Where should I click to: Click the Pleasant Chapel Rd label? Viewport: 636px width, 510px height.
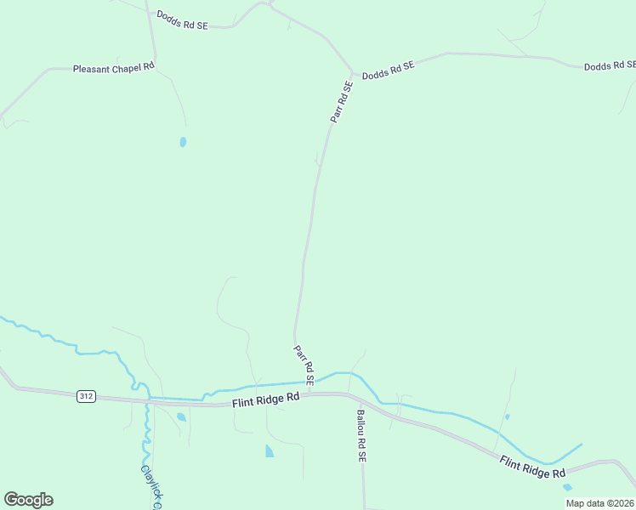coord(113,68)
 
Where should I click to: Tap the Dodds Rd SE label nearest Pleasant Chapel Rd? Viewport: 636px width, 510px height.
coord(182,21)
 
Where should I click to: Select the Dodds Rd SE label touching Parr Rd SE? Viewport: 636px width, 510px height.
coord(388,71)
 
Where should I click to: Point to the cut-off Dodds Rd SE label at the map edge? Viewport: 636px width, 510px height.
coord(610,65)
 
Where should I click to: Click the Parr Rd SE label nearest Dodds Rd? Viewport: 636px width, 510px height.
coord(342,103)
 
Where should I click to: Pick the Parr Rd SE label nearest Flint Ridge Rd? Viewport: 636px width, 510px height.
coord(304,365)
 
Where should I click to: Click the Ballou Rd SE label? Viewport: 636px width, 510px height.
coord(361,435)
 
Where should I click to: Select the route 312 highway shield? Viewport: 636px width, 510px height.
coord(85,396)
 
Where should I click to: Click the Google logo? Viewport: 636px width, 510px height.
coord(28,500)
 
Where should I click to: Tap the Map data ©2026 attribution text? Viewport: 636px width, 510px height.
coord(599,503)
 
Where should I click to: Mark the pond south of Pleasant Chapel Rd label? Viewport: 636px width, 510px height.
coord(183,142)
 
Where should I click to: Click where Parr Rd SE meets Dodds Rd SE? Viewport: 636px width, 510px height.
coord(351,73)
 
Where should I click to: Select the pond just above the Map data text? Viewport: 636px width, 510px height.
coord(567,487)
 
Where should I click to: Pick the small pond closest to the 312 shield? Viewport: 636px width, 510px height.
coord(181,416)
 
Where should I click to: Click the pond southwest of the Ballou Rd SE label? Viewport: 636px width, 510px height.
coord(270,450)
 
